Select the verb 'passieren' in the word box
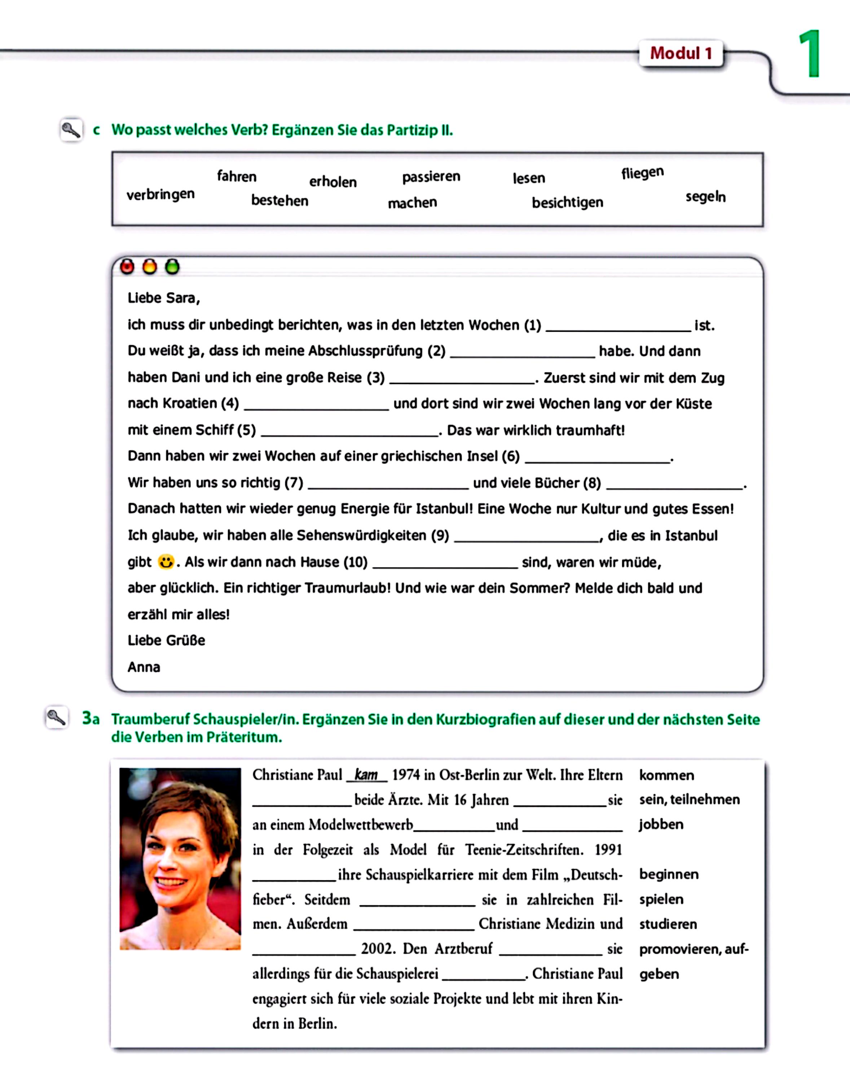[431, 177]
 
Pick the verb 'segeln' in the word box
[705, 197]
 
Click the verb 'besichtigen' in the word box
[567, 203]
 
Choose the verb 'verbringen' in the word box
[160, 195]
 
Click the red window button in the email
[127, 267]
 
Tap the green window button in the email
[172, 267]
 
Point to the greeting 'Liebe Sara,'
[164, 298]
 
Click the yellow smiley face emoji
[166, 562]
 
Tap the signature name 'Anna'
[144, 667]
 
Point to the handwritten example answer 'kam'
[366, 775]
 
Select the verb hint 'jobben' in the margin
[661, 824]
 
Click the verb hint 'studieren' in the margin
[668, 924]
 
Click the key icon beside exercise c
[71, 130]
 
